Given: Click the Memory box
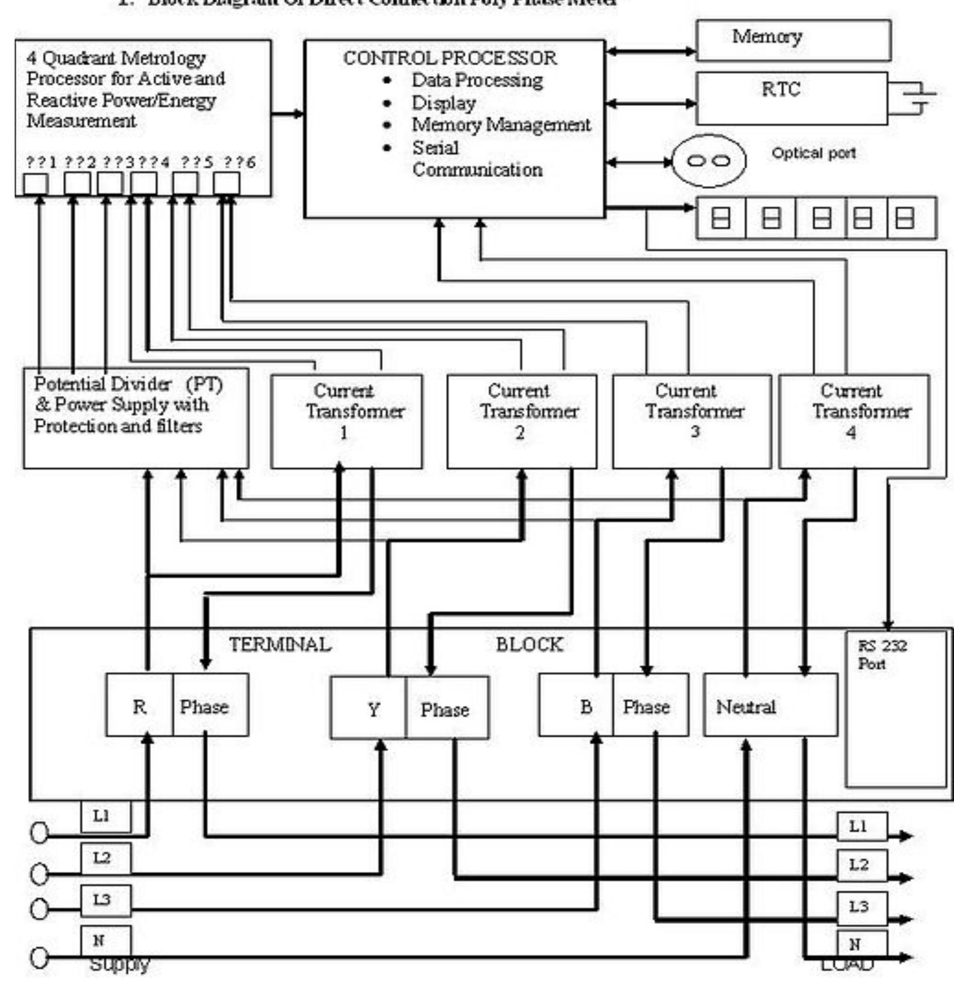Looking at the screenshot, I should pos(793,40).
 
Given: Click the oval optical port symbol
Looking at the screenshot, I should pos(709,161).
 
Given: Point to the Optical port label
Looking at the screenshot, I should pos(813,152).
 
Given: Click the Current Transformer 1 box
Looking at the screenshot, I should pos(346,421).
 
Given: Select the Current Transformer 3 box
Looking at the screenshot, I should pos(691,421).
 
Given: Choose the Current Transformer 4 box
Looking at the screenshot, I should pos(854,421).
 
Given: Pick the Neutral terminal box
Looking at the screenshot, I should pos(770,705).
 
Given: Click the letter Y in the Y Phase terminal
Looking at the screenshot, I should pos(374,709).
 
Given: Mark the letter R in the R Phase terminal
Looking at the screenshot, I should pos(139,707).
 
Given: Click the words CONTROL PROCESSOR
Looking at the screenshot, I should pos(450,58).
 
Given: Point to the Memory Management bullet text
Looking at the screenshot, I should pos(500,125).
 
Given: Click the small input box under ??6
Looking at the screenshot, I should pos(227,184).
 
